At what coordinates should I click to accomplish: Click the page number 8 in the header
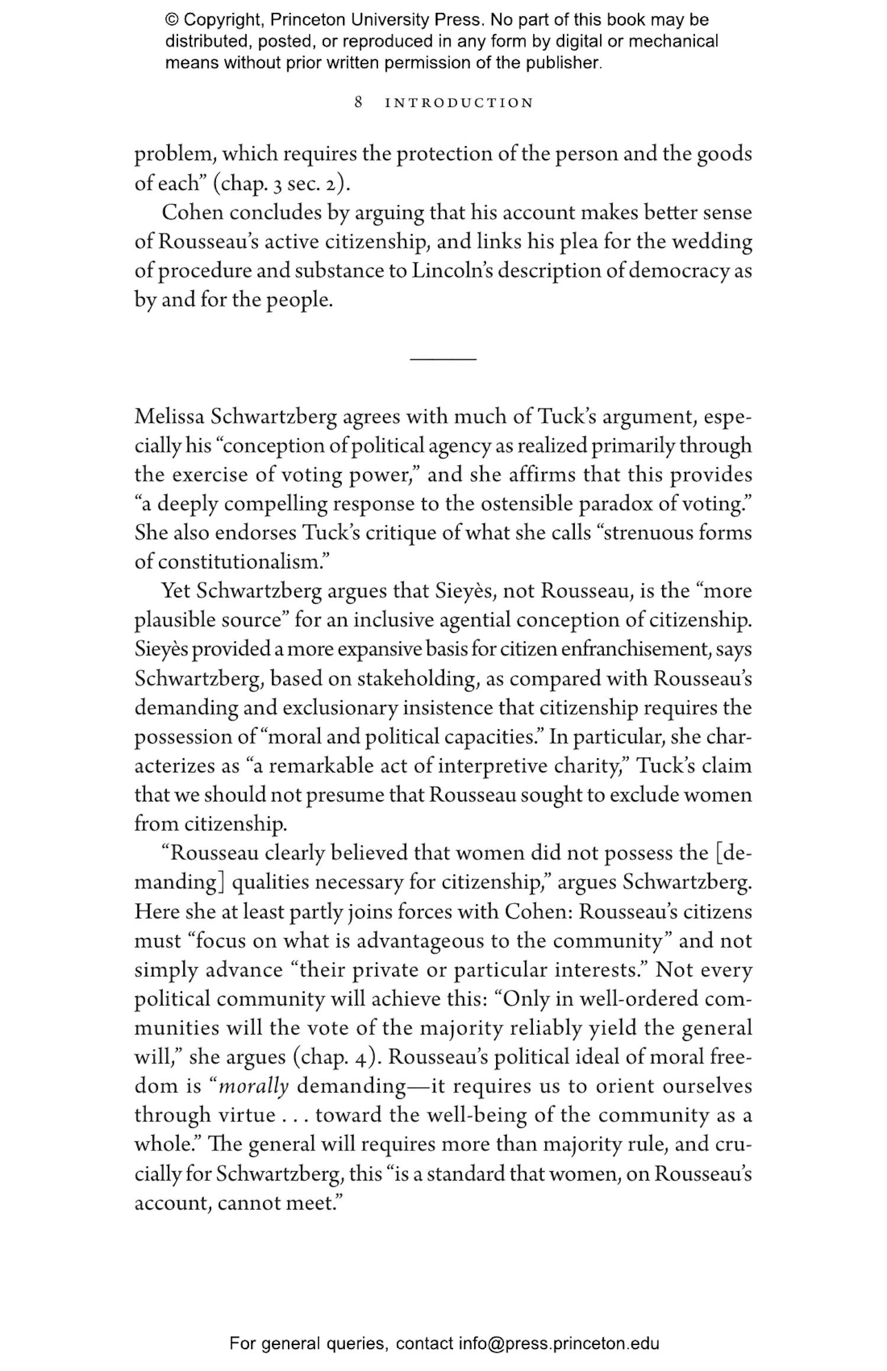coord(358,102)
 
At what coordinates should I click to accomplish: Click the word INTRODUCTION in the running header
coord(459,103)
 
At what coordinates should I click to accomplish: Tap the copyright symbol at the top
coord(171,20)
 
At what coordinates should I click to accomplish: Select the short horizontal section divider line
coord(443,358)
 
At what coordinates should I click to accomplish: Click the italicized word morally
coord(254,1086)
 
